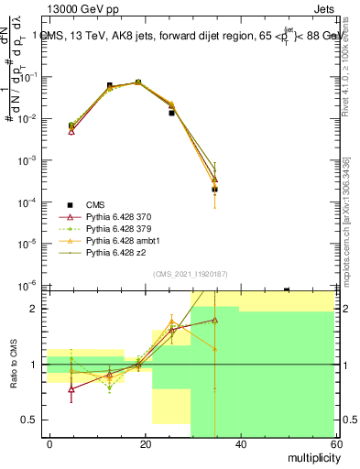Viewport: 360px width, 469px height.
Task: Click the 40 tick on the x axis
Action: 239,443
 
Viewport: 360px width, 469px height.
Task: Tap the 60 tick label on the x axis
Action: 333,443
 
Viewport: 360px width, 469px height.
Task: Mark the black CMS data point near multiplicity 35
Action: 214,190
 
